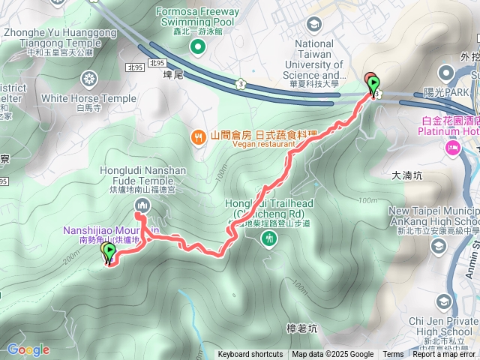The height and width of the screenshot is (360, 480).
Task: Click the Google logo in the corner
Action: click(28, 349)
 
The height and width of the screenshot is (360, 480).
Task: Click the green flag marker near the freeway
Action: click(373, 85)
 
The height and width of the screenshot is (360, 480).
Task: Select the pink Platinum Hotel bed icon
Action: click(453, 148)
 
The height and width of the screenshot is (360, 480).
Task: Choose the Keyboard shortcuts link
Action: click(250, 355)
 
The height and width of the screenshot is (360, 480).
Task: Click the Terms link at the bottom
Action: click(393, 355)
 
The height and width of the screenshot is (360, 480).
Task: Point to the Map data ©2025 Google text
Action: click(332, 355)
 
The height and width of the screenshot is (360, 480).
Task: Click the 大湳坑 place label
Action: click(408, 176)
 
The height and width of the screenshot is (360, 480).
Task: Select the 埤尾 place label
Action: click(172, 76)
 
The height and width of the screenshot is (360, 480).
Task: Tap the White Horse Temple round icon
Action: click(89, 79)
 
